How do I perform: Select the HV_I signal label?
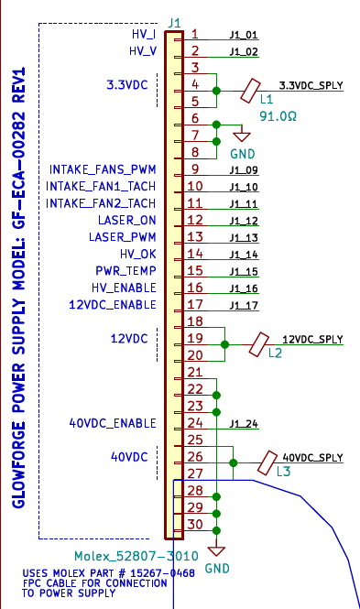[x=144, y=35]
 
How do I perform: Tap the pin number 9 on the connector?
[x=195, y=170]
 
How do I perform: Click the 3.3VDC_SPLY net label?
[x=311, y=85]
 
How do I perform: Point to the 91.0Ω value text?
[x=278, y=116]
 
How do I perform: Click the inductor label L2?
[x=276, y=353]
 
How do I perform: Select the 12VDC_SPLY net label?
[x=312, y=340]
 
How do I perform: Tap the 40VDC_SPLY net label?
[x=312, y=457]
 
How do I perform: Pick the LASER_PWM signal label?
[x=122, y=237]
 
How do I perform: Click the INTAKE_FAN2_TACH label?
[x=101, y=203]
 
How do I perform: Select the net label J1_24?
[x=245, y=423]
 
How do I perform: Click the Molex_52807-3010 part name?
[x=124, y=556]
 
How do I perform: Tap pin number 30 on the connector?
[x=194, y=524]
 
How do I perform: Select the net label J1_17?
[x=245, y=305]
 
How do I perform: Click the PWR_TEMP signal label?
[x=125, y=271]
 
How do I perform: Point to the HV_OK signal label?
[x=137, y=254]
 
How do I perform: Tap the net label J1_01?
[x=245, y=35]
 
